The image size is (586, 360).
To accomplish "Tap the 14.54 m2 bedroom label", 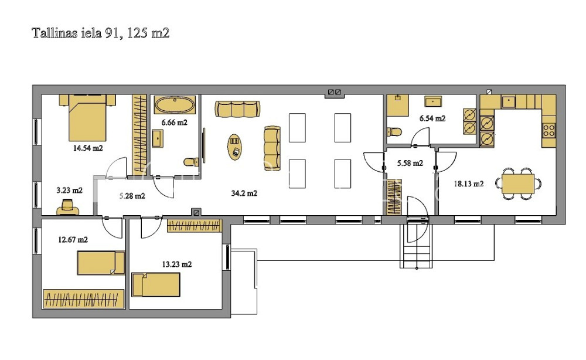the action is pyautogui.click(x=88, y=148).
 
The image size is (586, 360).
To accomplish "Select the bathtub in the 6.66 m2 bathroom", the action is pyautogui.click(x=175, y=105).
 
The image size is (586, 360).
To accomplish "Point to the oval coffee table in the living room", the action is pyautogui.click(x=235, y=147).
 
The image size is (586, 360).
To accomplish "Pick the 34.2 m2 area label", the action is pyautogui.click(x=244, y=193).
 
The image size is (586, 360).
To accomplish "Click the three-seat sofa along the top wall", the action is pyautogui.click(x=237, y=109).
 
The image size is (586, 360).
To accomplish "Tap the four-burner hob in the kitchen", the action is pyautogui.click(x=549, y=131).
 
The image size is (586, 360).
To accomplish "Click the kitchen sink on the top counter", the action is pyautogui.click(x=509, y=101).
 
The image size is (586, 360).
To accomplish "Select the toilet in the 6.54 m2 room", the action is pyautogui.click(x=394, y=131).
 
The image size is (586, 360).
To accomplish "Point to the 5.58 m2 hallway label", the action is pyautogui.click(x=410, y=163).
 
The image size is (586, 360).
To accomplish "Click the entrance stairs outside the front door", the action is pyautogui.click(x=416, y=246).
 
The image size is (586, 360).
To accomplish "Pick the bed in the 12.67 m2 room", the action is pyautogui.click(x=101, y=263).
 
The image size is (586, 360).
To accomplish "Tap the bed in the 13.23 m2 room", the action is pyautogui.click(x=156, y=284).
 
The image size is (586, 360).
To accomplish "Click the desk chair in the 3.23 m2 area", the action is pyautogui.click(x=67, y=207).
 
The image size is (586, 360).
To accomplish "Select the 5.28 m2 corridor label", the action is pyautogui.click(x=132, y=195).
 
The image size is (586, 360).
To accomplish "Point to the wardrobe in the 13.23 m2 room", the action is pyautogui.click(x=194, y=226).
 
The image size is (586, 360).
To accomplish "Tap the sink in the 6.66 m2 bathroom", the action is pyautogui.click(x=157, y=138).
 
